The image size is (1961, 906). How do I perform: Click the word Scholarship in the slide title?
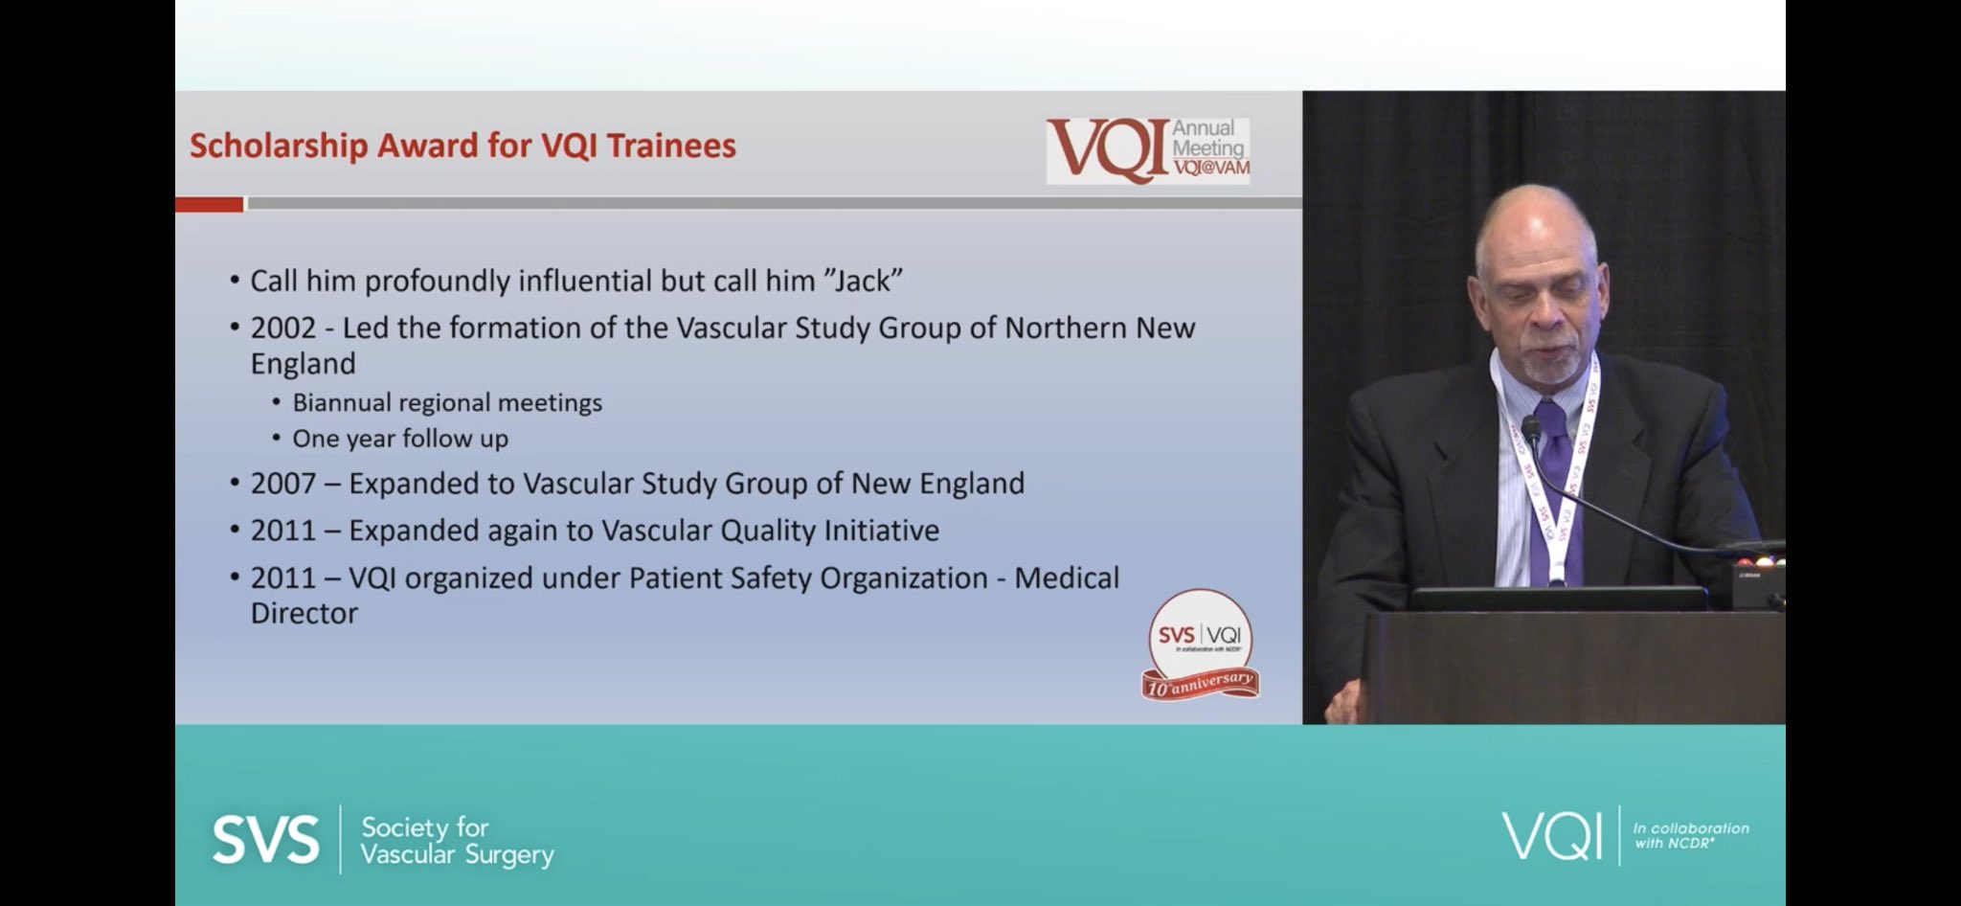(x=278, y=147)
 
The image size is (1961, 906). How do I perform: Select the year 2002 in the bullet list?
(x=282, y=328)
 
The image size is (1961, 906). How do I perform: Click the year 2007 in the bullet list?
(x=282, y=484)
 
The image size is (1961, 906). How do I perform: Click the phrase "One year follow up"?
(x=400, y=439)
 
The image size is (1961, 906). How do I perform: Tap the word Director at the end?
(x=304, y=613)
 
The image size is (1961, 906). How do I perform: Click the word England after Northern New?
(x=303, y=364)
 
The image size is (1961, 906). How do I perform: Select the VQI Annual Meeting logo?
(x=1147, y=150)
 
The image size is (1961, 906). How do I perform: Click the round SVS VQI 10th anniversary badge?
(x=1200, y=644)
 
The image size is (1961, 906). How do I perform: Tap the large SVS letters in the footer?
(x=265, y=840)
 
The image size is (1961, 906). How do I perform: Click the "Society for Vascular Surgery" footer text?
(x=457, y=841)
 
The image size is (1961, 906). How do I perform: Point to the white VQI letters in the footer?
(x=1551, y=835)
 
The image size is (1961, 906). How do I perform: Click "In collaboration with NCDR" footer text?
(x=1690, y=835)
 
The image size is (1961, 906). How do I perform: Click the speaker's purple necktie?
(x=1553, y=479)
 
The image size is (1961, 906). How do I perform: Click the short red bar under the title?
(x=209, y=204)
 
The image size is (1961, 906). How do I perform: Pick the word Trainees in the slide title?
(x=671, y=147)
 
